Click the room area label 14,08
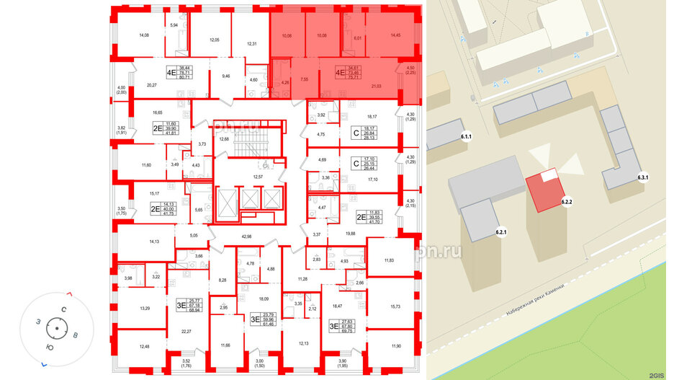143,35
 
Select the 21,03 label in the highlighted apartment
376,86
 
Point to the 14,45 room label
395,35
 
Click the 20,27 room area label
151,85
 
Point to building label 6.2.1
502,231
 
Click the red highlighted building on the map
544,190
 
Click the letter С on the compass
64,309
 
